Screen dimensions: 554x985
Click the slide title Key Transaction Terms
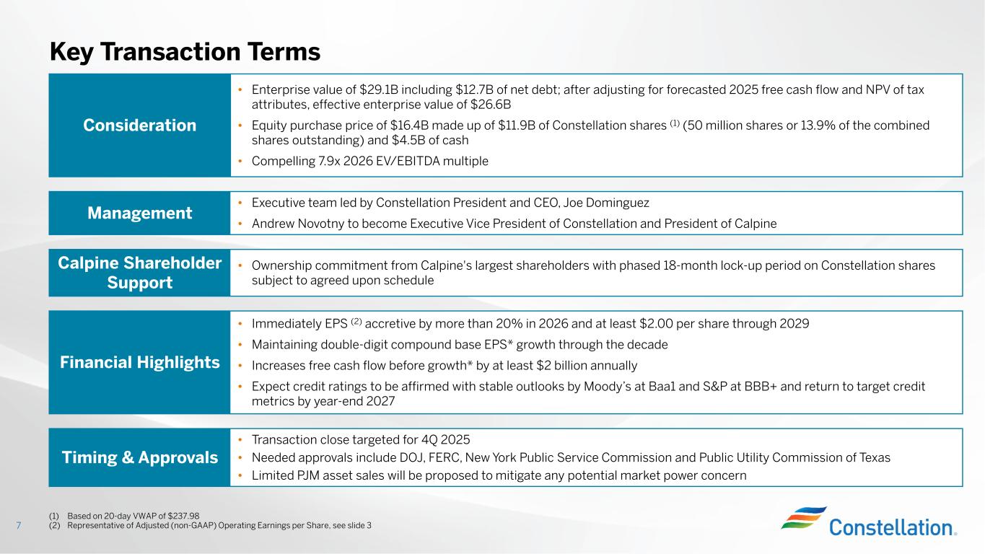pyautogui.click(x=185, y=51)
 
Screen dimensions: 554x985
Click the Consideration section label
pyautogui.click(x=139, y=126)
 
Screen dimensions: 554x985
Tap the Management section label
pyautogui.click(x=139, y=213)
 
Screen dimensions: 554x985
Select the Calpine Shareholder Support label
pyautogui.click(x=139, y=273)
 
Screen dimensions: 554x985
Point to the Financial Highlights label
pyautogui.click(x=139, y=362)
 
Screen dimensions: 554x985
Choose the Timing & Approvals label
pyautogui.click(x=139, y=457)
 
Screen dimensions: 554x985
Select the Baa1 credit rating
pyautogui.click(x=670, y=386)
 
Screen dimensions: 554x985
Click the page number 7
pyautogui.click(x=19, y=525)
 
